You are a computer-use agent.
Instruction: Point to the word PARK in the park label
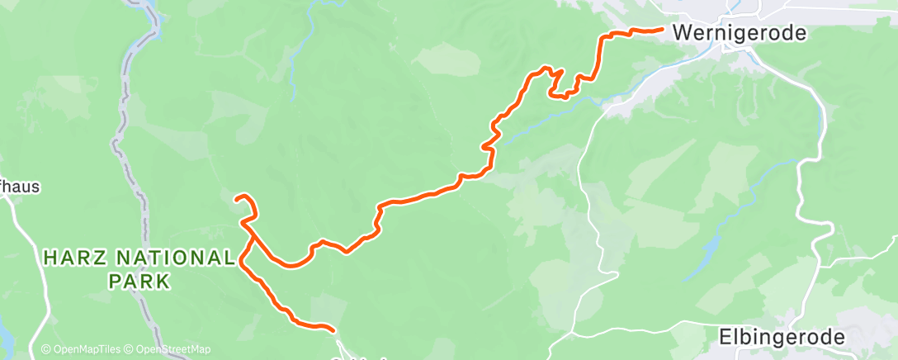tap(139, 282)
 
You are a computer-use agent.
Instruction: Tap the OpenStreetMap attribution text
tap(167, 349)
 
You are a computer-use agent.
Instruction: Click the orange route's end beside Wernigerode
tap(662, 30)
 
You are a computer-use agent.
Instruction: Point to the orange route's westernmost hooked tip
tap(237, 198)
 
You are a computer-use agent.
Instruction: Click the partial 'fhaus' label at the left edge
tap(20, 187)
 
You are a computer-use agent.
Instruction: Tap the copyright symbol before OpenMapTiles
tap(46, 349)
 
